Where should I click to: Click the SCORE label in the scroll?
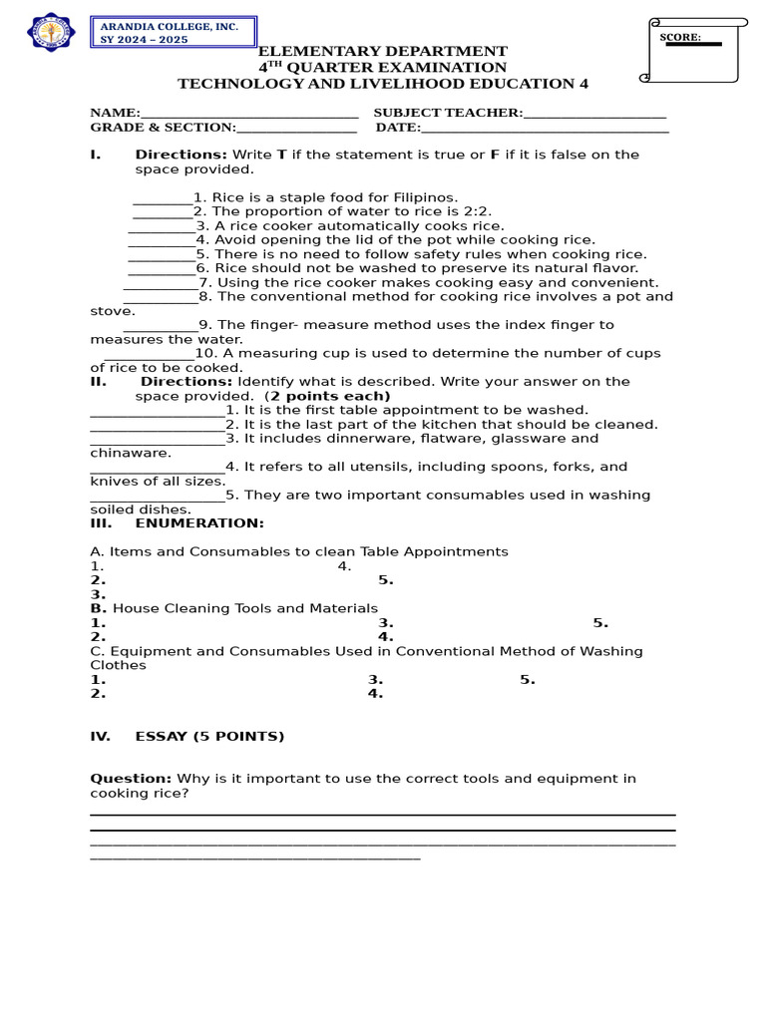(x=680, y=38)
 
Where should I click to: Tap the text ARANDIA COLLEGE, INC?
(x=170, y=27)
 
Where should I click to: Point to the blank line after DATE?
(x=545, y=129)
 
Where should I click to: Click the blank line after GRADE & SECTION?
(x=296, y=129)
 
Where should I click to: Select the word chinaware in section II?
(x=130, y=453)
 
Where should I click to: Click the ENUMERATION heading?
(x=199, y=523)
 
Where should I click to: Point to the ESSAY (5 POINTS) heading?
(x=209, y=737)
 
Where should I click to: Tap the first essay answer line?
(x=382, y=815)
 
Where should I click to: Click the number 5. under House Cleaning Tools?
(x=600, y=623)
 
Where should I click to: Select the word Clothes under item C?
(x=118, y=665)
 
